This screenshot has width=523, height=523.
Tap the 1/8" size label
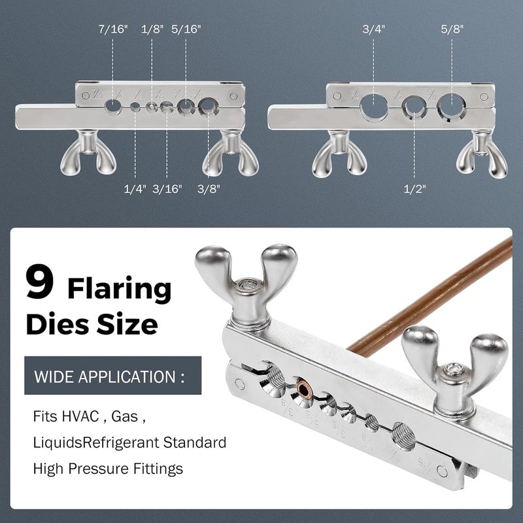coord(153,29)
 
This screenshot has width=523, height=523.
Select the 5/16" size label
coord(187,29)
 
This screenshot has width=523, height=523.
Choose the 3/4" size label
coord(375,29)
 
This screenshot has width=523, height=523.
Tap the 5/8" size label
coord(453,29)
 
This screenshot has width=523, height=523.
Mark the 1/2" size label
coord(416,189)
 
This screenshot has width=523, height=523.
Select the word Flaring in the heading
coord(120,288)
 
